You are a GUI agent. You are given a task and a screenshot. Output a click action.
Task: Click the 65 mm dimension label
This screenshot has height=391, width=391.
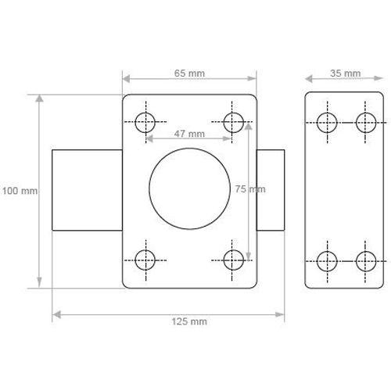pyautogui.click(x=188, y=74)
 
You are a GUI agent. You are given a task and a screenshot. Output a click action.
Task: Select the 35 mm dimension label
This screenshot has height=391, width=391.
pyautogui.click(x=345, y=74)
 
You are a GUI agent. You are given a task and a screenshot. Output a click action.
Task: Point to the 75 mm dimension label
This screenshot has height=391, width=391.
pyautogui.click(x=250, y=189)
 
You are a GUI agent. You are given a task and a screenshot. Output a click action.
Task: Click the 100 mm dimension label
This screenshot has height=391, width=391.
pyautogui.click(x=20, y=191)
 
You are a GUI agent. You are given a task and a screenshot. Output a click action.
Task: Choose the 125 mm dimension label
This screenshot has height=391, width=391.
pyautogui.click(x=188, y=321)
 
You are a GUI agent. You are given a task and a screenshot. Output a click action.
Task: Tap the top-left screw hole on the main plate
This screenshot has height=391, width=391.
pyautogui.click(x=145, y=121)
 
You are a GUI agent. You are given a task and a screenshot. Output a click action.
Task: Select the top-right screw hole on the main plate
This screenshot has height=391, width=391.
pyautogui.click(x=232, y=121)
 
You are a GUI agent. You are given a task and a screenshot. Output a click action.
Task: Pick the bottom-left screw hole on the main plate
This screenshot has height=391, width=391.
pyautogui.click(x=145, y=259)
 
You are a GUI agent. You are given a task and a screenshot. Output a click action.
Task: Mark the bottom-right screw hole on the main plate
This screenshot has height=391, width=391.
pyautogui.click(x=232, y=259)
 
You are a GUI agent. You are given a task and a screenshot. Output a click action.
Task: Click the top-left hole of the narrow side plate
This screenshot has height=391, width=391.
pyautogui.click(x=326, y=121)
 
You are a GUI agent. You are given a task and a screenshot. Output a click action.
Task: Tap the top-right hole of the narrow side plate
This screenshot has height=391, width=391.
pyautogui.click(x=365, y=121)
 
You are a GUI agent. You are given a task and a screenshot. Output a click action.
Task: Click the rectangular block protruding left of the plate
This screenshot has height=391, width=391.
pyautogui.click(x=86, y=190)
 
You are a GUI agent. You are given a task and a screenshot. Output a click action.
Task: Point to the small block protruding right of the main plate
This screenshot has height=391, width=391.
pyautogui.click(x=270, y=190)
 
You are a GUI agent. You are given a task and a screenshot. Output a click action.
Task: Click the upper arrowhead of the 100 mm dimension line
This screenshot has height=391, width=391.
pyautogui.click(x=38, y=98)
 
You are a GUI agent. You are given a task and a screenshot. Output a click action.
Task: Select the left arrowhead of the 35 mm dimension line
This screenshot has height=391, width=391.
pyautogui.click(x=308, y=78)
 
